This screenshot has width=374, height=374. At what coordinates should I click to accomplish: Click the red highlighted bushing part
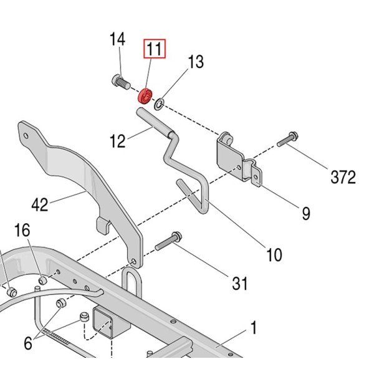(x=145, y=97)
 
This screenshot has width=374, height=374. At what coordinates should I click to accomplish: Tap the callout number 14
(x=118, y=41)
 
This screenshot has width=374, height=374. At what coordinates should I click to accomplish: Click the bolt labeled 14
(x=120, y=80)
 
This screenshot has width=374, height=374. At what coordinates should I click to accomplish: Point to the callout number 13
(x=195, y=62)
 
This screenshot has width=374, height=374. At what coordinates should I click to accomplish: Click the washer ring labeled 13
(x=160, y=101)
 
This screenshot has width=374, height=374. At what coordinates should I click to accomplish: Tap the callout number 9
(x=306, y=213)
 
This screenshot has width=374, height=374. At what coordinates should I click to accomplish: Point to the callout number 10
(x=274, y=254)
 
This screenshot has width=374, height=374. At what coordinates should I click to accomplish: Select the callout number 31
(x=239, y=284)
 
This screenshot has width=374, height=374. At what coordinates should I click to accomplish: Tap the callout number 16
(x=22, y=230)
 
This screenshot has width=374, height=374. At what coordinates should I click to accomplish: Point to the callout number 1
(x=254, y=326)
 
